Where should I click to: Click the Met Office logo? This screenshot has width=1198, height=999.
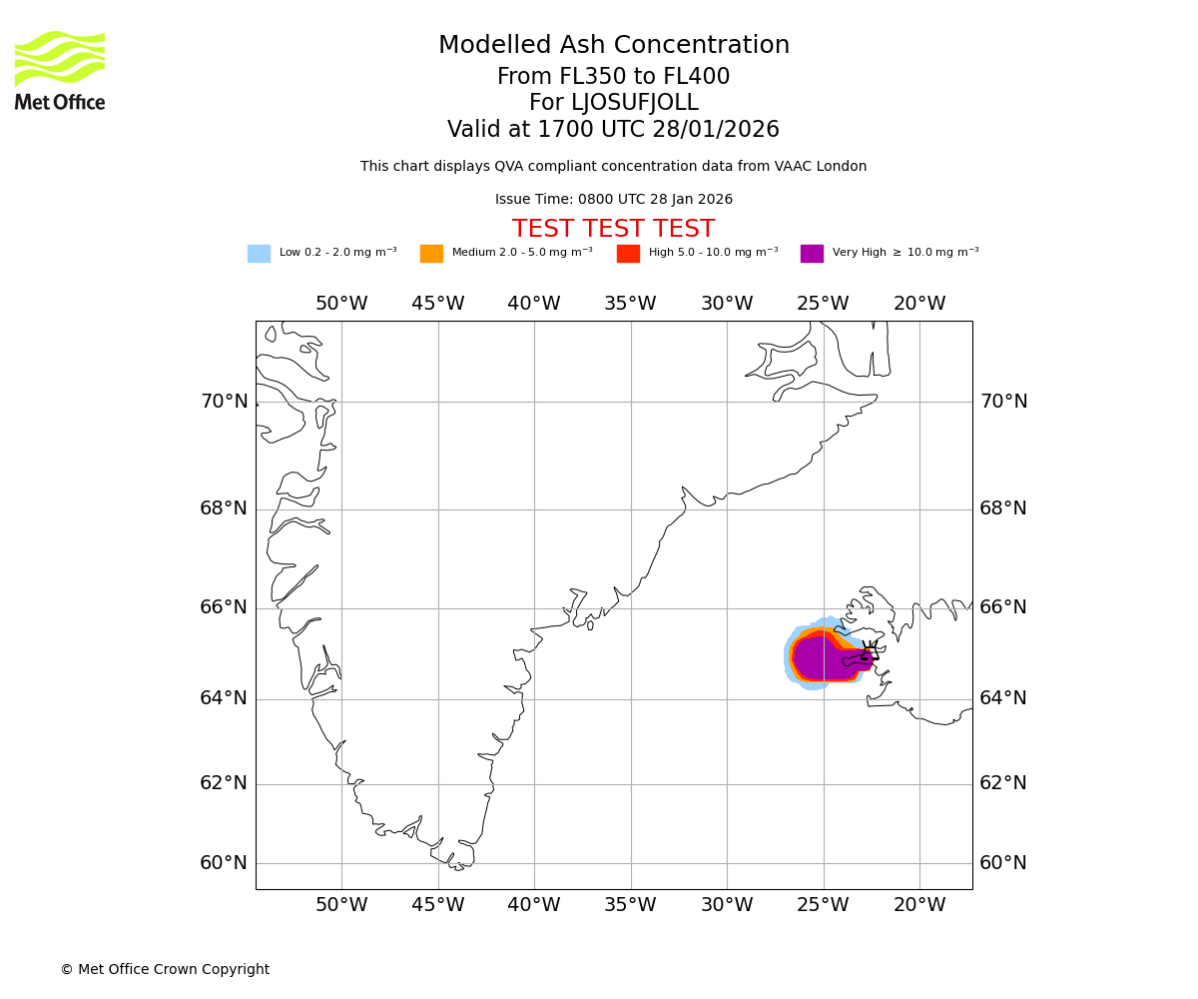60,71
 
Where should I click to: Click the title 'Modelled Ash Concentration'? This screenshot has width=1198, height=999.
613,46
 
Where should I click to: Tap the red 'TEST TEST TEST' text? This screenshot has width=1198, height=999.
613,230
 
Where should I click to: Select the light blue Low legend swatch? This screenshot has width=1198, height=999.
259,254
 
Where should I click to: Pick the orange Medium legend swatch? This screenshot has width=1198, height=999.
431,254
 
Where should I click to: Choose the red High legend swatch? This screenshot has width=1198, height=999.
628,254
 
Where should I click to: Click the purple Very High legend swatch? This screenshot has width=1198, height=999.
812,254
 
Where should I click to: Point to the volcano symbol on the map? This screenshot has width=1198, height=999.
870,654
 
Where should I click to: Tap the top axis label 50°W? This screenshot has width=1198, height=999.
341,304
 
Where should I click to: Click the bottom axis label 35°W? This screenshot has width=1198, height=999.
630,906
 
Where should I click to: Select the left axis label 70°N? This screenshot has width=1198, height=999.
224,402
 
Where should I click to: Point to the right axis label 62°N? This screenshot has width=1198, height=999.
1002,783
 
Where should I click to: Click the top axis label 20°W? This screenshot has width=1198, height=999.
918,304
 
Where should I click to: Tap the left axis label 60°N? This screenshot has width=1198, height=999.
224,863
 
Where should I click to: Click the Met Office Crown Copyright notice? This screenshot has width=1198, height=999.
165,970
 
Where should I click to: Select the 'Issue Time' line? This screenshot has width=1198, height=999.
613,200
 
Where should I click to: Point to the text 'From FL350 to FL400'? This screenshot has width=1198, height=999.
613,77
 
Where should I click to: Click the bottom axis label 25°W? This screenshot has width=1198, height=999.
823,906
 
